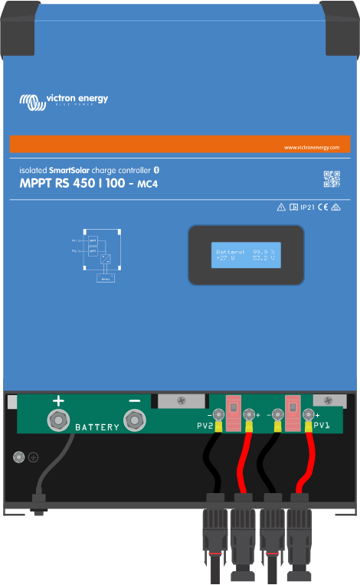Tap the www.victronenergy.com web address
tap(311, 147)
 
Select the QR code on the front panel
tap(331, 179)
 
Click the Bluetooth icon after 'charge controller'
tap(156, 168)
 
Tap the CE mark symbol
tap(322, 208)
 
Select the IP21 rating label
tap(306, 208)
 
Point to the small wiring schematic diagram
tap(99, 253)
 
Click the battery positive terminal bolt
tap(57, 419)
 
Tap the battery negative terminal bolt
tap(135, 419)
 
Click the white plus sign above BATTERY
tap(57, 400)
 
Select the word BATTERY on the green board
tap(97, 426)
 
